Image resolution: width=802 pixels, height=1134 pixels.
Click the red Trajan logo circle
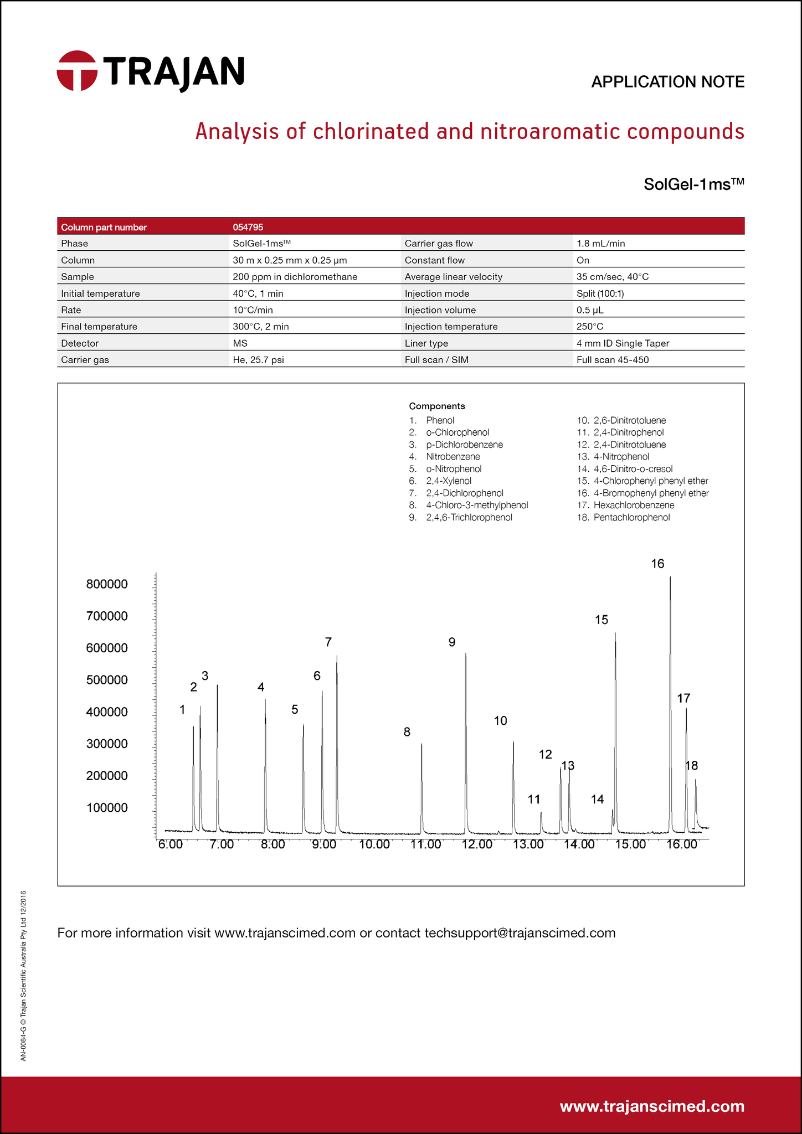pyautogui.click(x=77, y=70)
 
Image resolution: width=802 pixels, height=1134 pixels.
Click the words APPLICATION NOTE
pyautogui.click(x=667, y=82)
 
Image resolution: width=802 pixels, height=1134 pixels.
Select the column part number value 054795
pyautogui.click(x=248, y=227)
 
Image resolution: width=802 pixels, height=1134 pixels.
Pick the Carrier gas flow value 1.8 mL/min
pyautogui.click(x=600, y=244)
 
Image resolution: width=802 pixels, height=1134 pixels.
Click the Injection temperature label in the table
pyautogui.click(x=451, y=327)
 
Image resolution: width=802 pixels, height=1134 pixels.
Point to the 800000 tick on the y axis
pyautogui.click(x=107, y=584)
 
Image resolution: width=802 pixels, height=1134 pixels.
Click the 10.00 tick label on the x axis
pyautogui.click(x=374, y=844)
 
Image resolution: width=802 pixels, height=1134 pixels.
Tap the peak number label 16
pyautogui.click(x=657, y=564)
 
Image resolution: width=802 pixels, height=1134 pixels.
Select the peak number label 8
pyautogui.click(x=407, y=732)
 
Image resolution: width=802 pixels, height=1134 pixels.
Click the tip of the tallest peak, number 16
pyautogui.click(x=670, y=578)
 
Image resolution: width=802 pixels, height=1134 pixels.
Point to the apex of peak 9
pyautogui.click(x=466, y=654)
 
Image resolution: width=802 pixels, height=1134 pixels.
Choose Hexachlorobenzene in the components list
pyautogui.click(x=634, y=505)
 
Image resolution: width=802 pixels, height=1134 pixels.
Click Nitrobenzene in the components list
pyautogui.click(x=453, y=457)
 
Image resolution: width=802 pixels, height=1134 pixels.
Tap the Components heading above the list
pyautogui.click(x=437, y=406)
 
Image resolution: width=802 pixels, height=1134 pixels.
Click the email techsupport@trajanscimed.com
pyautogui.click(x=520, y=933)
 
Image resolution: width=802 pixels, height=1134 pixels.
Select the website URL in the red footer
pyautogui.click(x=652, y=1106)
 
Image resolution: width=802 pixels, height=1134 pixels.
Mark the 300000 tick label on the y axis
pyautogui.click(x=107, y=744)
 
